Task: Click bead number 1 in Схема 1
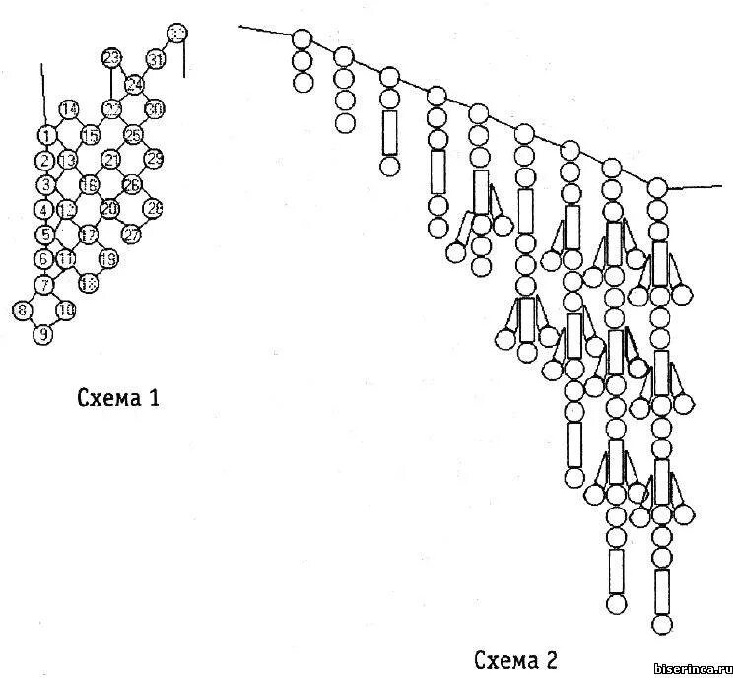[x=46, y=135]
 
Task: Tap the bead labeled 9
[x=42, y=334]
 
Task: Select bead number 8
[x=22, y=310]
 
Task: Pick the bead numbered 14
[x=69, y=109]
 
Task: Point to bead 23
[x=111, y=57]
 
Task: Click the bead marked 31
[x=156, y=59]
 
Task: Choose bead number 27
[x=132, y=234]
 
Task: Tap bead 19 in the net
[x=108, y=258]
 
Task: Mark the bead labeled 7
[x=43, y=285]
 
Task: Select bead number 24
[x=134, y=83]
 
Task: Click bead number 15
[x=90, y=135]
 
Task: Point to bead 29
[x=155, y=158]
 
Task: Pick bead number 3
[x=44, y=184]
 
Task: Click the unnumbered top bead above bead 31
[x=177, y=34]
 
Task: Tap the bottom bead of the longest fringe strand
[x=661, y=624]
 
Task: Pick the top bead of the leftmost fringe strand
[x=302, y=40]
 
